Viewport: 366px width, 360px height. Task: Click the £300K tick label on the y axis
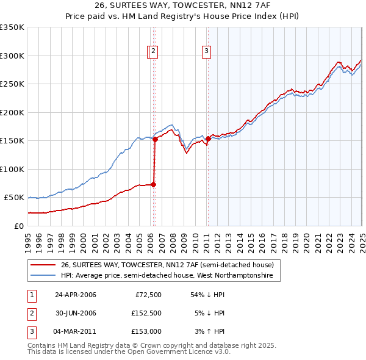click(x=12, y=56)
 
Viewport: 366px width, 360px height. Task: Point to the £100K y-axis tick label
click(x=12, y=169)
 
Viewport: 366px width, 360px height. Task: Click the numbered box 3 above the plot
click(x=207, y=52)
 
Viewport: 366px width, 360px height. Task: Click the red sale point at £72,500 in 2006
click(x=153, y=184)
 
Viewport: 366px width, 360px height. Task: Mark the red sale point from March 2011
click(x=208, y=139)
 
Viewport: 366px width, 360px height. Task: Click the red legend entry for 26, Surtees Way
click(x=170, y=265)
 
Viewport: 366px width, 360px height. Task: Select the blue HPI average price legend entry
click(x=170, y=276)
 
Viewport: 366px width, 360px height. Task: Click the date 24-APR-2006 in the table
click(x=76, y=295)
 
